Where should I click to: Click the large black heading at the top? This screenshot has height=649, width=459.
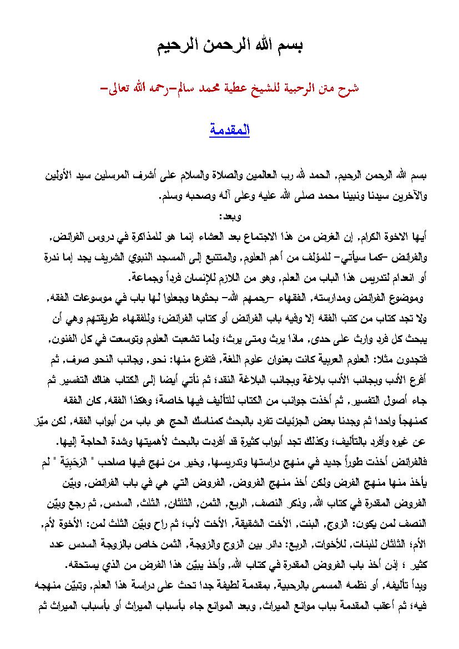click(x=230, y=46)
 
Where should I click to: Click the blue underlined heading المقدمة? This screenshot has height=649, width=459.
click(x=229, y=131)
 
